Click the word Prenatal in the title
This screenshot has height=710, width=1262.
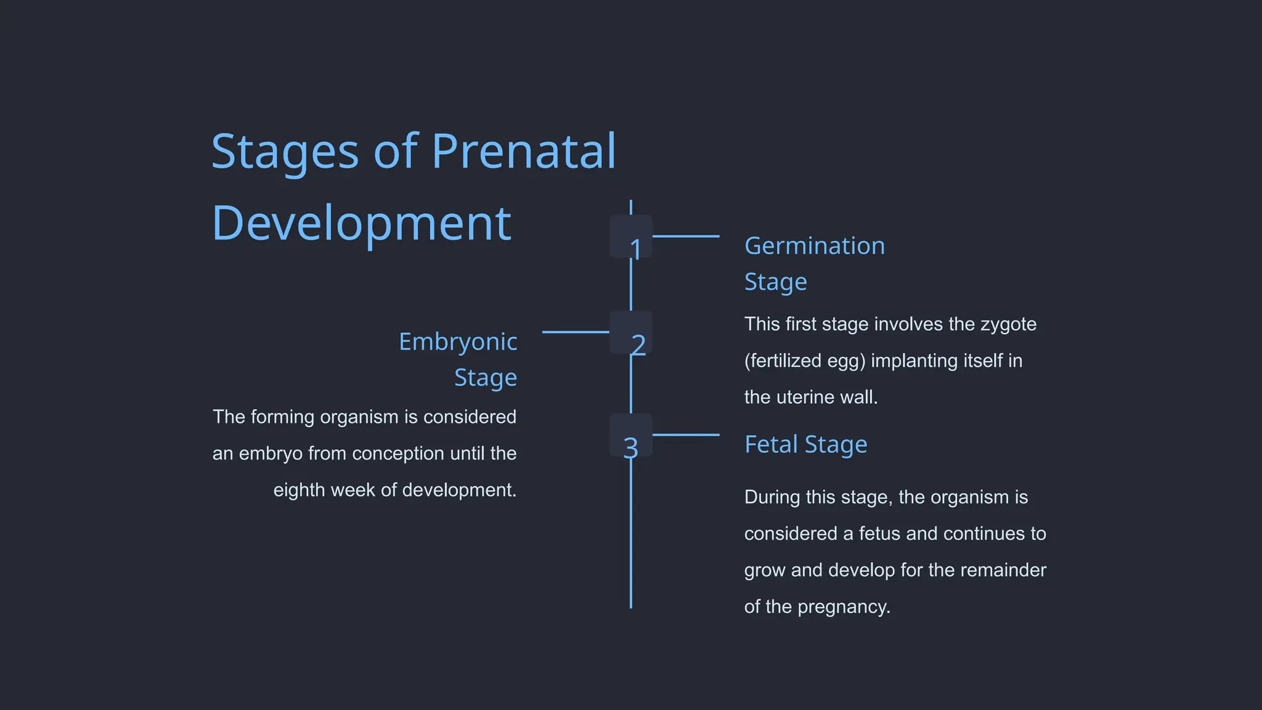523,151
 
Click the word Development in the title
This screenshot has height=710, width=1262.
361,223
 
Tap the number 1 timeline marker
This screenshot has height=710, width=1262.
632,237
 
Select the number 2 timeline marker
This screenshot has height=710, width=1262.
632,333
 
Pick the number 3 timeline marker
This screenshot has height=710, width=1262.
632,435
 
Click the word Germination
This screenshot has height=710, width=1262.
814,246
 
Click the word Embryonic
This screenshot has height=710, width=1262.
457,342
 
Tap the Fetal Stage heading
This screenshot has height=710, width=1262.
805,444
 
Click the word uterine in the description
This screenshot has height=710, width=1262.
810,397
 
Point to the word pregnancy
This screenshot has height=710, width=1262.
844,607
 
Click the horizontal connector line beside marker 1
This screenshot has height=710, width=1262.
686,236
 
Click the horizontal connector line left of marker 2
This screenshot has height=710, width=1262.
576,332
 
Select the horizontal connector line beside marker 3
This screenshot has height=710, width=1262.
686,435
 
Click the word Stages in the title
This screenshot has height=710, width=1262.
285,151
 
